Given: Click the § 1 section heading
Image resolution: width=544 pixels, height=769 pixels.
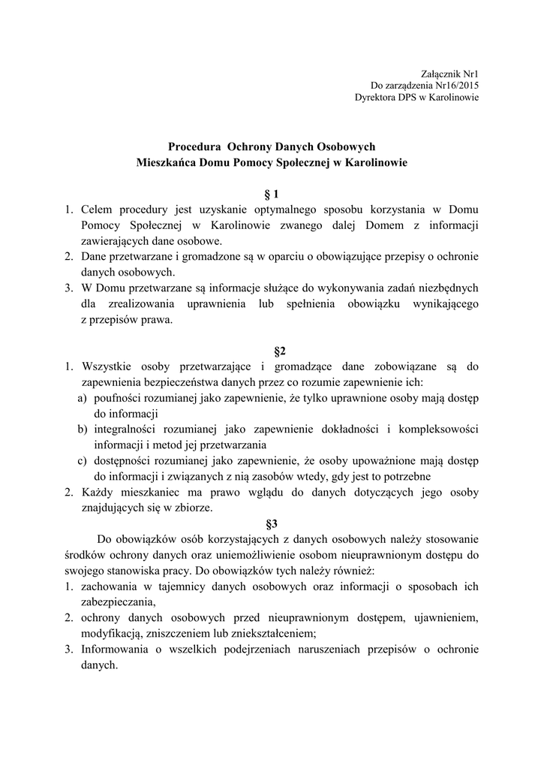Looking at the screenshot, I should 272,193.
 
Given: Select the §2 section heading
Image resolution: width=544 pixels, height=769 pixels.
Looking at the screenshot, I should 272,351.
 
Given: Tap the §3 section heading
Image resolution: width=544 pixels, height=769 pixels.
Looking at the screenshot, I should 272,523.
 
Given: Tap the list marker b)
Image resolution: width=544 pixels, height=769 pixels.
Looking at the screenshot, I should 83,429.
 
